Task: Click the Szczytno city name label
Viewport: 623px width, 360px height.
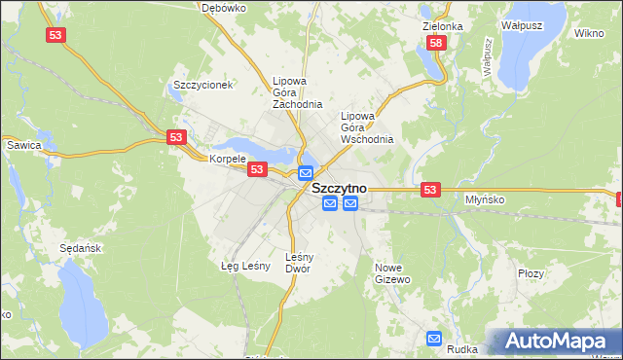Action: (339, 188)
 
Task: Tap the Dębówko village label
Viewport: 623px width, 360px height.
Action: (223, 7)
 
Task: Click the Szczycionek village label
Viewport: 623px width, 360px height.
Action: (202, 85)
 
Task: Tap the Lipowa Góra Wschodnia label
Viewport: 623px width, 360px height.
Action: (367, 127)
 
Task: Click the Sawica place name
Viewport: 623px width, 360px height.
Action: (23, 145)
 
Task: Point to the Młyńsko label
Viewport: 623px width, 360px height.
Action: (483, 198)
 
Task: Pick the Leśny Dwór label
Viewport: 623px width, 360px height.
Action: (298, 263)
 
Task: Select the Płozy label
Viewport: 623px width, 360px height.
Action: (531, 274)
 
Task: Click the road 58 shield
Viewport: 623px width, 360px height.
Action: (435, 43)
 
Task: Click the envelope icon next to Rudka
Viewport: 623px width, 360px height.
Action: (435, 339)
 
